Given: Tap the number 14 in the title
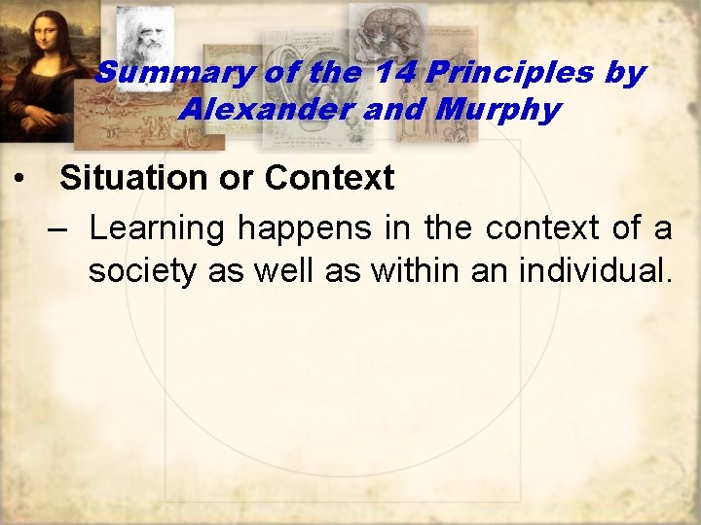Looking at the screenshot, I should click(x=389, y=73).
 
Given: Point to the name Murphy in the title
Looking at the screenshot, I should click(x=498, y=109).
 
